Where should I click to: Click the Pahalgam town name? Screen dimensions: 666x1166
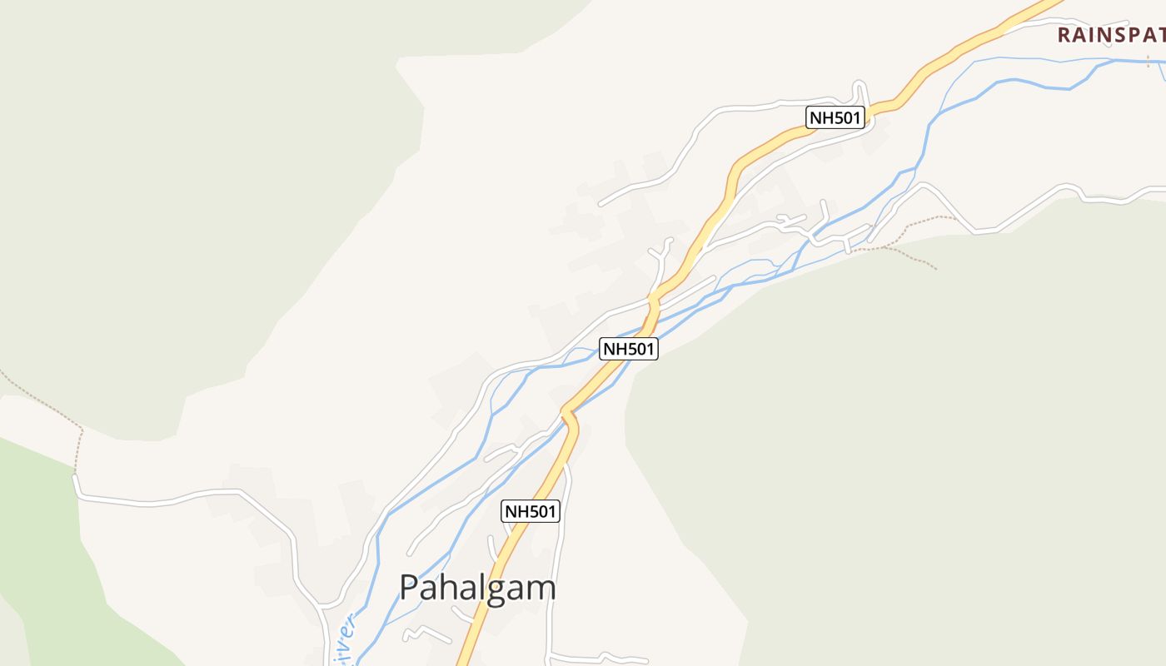(477, 588)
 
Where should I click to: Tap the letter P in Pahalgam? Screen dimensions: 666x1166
(409, 588)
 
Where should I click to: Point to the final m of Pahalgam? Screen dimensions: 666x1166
(541, 589)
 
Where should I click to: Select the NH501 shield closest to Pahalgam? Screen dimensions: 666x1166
(531, 511)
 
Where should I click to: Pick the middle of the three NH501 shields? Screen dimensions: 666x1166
(629, 349)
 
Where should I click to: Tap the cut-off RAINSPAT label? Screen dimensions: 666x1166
(1111, 35)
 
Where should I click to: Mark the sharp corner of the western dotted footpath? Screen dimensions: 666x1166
(82, 430)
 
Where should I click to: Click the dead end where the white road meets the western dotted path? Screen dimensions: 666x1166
(76, 476)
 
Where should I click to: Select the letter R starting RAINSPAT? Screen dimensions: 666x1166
(1064, 35)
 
